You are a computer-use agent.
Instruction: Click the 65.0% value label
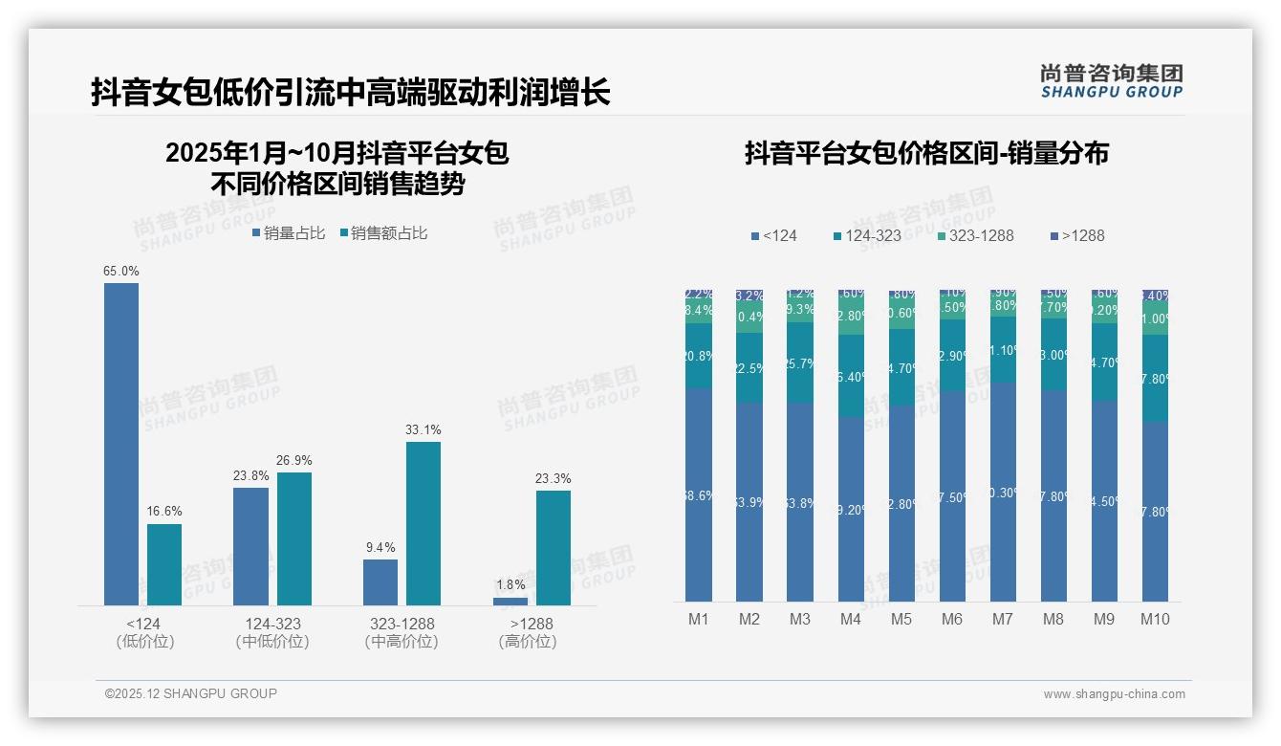click(121, 272)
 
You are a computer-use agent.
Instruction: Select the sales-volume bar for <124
click(121, 444)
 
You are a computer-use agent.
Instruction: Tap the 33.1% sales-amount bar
click(423, 523)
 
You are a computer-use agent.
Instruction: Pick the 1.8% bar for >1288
click(510, 602)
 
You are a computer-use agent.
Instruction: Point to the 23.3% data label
click(553, 478)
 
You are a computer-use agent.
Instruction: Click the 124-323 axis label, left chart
click(272, 624)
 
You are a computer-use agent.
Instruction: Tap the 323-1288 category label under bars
click(402, 624)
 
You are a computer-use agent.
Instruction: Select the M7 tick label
click(1002, 619)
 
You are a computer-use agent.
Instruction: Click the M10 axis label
click(1155, 619)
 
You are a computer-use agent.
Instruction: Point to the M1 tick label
click(699, 619)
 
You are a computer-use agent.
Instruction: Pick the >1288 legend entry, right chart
click(1077, 235)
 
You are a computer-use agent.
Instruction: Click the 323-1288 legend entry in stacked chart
click(974, 235)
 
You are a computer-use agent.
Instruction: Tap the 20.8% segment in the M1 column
click(699, 356)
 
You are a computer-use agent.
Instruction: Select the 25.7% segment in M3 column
click(800, 362)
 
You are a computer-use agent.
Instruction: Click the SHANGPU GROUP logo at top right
click(1112, 80)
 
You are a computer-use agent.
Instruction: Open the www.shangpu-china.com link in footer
click(1114, 693)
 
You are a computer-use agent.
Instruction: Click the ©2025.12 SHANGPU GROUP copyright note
click(191, 693)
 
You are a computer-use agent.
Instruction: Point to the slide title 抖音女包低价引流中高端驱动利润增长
click(351, 93)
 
